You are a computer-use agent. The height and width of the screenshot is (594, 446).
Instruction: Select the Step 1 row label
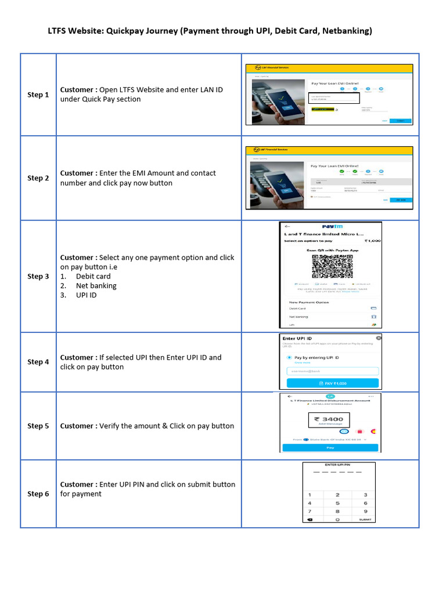point(38,95)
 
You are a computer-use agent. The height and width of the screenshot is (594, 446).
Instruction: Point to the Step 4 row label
point(38,362)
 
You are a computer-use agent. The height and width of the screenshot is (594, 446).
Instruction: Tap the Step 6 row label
point(38,494)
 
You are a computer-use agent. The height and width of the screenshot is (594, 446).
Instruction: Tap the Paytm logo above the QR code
point(331,227)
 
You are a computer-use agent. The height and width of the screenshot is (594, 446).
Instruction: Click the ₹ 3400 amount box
point(329,421)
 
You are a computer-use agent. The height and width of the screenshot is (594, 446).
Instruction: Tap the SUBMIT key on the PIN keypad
point(365,520)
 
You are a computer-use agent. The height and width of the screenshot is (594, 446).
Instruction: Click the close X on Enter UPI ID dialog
point(379,338)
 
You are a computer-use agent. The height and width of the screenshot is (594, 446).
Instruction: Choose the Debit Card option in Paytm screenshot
point(298,309)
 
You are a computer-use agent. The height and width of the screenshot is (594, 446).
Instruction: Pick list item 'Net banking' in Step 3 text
point(96,286)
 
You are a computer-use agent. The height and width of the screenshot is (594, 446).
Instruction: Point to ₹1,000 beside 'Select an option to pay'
point(372,240)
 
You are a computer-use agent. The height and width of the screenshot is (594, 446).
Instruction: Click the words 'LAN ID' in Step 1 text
point(210,90)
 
